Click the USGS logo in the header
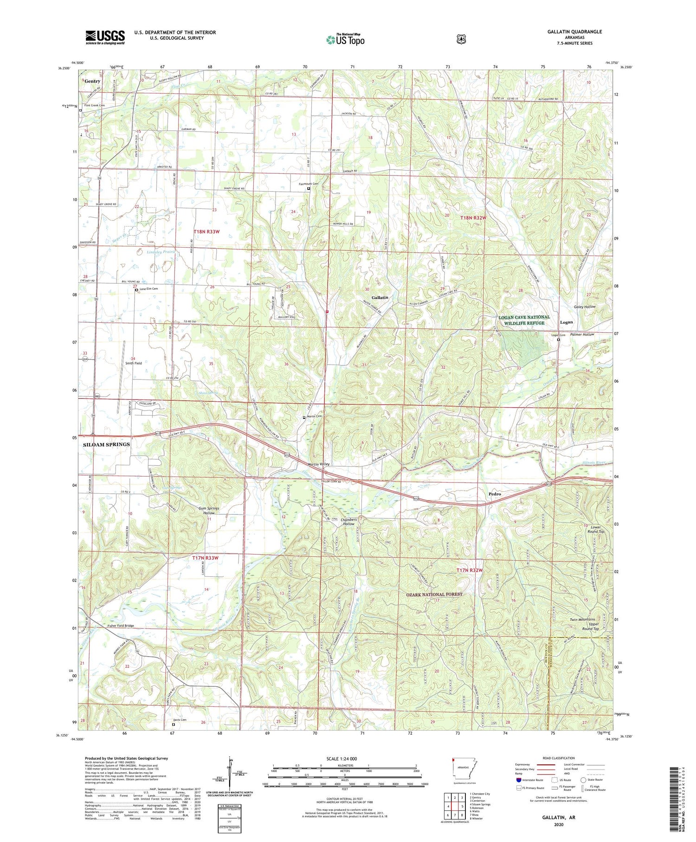click(105, 37)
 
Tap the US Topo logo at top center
click(345, 39)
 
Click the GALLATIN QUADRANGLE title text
click(574, 32)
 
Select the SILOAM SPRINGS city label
click(106, 444)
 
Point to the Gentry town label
click(92, 81)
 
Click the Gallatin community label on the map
click(380, 297)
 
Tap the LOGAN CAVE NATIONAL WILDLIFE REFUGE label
click(524, 320)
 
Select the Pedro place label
click(495, 494)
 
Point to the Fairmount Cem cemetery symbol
click(309, 189)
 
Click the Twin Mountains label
click(582, 620)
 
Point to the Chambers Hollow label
click(348, 522)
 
